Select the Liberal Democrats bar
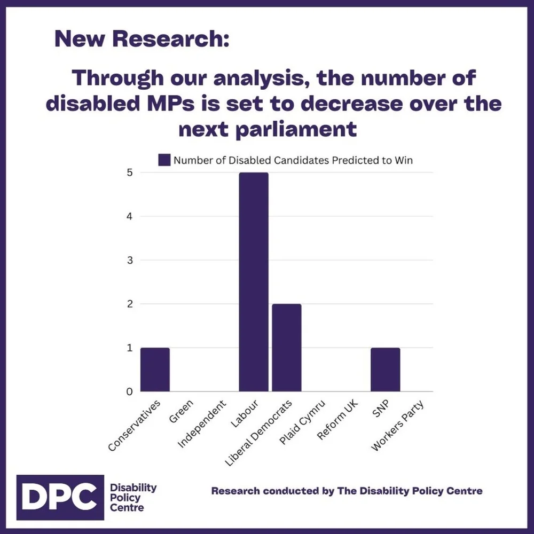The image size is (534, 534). pos(286,348)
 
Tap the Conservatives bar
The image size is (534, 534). pos(155,370)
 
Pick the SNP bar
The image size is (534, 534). pos(385,370)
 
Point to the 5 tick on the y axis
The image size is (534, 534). pos(129,172)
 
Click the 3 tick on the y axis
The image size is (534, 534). pos(129,261)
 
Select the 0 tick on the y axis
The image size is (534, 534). pos(129,392)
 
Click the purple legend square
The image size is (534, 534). pos(164,160)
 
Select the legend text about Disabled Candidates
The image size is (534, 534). pos(293,160)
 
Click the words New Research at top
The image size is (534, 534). pos(142,39)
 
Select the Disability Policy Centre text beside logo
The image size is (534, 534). pos(133,498)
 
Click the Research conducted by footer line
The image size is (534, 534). pos(347,491)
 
